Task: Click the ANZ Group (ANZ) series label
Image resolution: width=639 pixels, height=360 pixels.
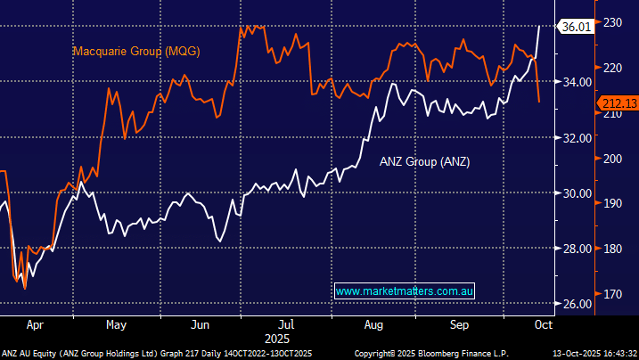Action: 424,161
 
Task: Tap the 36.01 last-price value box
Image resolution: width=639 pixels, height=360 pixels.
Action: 574,27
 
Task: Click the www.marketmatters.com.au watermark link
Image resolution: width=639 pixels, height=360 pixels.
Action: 406,291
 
